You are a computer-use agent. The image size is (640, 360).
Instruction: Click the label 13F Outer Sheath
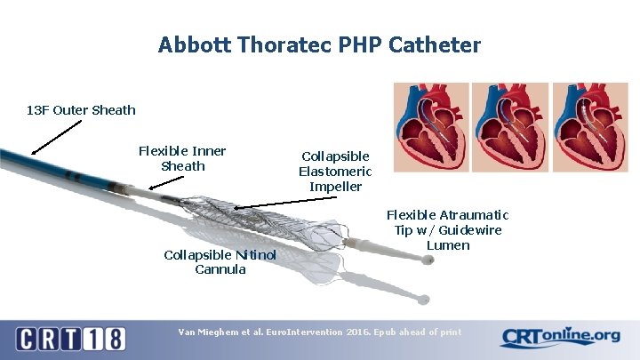[x=81, y=110]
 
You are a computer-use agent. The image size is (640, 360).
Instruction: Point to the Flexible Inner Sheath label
[x=182, y=158]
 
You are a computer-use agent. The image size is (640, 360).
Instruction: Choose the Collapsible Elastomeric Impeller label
[x=335, y=171]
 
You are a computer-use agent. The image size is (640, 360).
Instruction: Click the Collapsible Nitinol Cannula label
[x=220, y=262]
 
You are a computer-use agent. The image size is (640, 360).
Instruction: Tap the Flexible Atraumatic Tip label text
[x=448, y=229]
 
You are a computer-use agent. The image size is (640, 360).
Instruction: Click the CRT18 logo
[x=70, y=339]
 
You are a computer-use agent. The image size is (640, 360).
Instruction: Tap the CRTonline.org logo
[x=560, y=338]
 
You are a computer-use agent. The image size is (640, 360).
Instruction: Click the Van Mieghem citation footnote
[x=320, y=332]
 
